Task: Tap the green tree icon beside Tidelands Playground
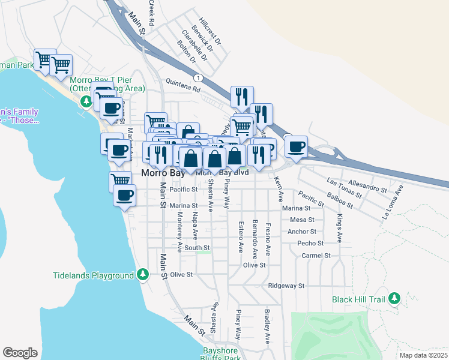142,275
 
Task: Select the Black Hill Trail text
359,298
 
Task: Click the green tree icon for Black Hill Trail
394,298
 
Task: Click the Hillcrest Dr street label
210,31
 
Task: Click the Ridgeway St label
287,286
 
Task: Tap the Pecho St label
310,244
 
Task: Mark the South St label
197,247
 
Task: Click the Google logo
20,353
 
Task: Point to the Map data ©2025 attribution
423,355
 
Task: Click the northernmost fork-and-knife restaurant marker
242,95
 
